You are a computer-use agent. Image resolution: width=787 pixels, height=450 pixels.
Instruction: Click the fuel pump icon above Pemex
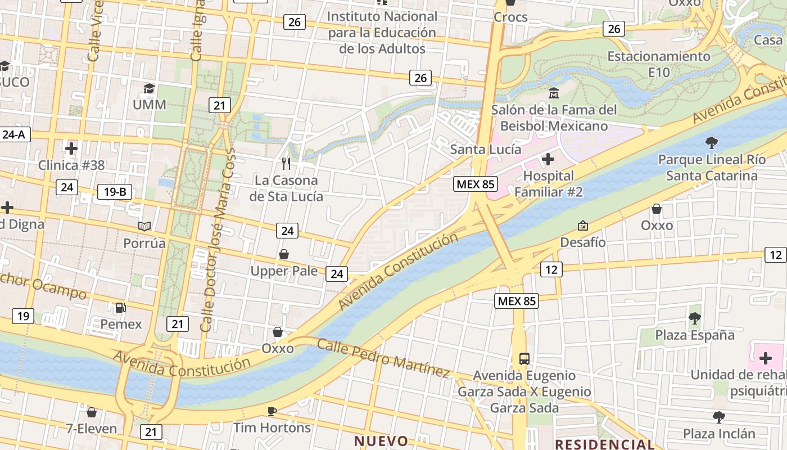[120, 308]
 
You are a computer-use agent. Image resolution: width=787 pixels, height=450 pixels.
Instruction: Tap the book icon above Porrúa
[144, 226]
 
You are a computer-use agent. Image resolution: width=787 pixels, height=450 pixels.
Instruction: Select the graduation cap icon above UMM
[149, 89]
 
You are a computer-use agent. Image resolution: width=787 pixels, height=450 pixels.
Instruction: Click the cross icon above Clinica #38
[71, 148]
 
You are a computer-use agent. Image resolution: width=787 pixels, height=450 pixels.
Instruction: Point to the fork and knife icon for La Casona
[286, 164]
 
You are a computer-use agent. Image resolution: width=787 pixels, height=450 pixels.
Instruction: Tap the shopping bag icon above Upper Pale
[284, 254]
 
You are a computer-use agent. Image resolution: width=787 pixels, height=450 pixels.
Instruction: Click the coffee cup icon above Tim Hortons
[272, 411]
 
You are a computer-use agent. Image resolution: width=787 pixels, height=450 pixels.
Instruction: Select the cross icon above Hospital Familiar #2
[548, 159]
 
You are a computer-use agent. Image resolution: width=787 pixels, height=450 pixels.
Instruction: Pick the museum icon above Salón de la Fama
[554, 93]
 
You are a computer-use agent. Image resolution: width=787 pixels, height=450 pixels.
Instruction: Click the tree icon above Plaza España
[695, 318]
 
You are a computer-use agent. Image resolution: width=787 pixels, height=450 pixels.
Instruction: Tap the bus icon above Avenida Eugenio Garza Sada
[524, 358]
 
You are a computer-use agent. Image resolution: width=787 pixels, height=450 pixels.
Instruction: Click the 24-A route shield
[14, 134]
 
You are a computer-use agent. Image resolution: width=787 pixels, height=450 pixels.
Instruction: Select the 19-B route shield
[115, 192]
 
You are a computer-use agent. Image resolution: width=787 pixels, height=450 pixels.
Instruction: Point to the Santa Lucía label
[486, 150]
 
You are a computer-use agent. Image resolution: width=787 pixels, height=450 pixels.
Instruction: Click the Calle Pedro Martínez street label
[383, 358]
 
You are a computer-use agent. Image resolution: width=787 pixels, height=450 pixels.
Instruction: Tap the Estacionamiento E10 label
[659, 64]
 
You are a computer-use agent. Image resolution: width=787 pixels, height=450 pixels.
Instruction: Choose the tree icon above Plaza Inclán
[718, 417]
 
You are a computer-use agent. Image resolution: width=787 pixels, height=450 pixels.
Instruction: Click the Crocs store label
[510, 17]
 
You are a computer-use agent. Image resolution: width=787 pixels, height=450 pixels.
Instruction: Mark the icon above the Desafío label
[583, 226]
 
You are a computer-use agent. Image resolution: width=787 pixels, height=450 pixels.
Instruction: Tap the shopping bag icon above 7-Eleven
[92, 412]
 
